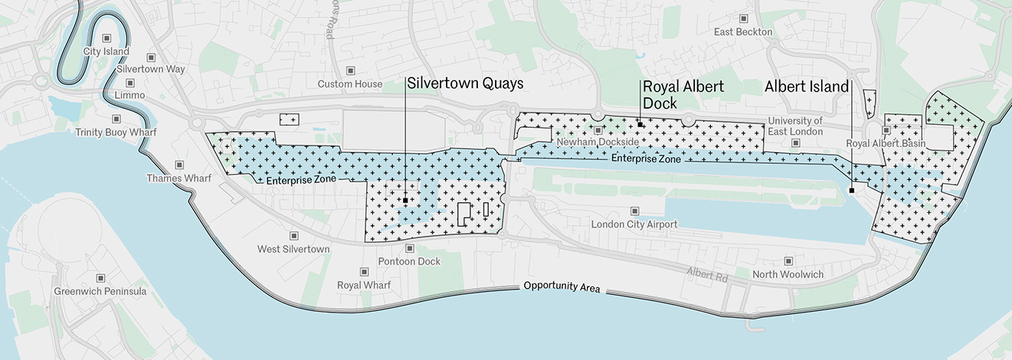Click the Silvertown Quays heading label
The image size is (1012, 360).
(x=465, y=83)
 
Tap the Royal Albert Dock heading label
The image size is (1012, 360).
(x=683, y=94)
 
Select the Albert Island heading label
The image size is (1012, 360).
(x=807, y=87)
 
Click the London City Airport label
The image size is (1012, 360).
(x=634, y=224)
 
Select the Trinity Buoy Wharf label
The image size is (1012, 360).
(x=116, y=133)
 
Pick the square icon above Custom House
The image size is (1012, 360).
(x=351, y=70)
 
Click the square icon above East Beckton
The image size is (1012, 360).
(x=743, y=18)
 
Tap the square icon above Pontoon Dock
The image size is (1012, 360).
(x=409, y=248)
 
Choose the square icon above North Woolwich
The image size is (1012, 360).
(x=788, y=261)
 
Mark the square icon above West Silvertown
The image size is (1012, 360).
(x=293, y=236)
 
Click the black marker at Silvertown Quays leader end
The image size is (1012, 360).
(x=405, y=200)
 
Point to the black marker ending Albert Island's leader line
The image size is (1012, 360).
(x=851, y=191)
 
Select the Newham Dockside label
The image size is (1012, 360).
(x=587, y=142)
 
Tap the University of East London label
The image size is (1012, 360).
(x=795, y=126)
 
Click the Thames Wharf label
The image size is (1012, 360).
(x=178, y=178)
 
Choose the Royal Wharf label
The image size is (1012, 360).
(x=364, y=285)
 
